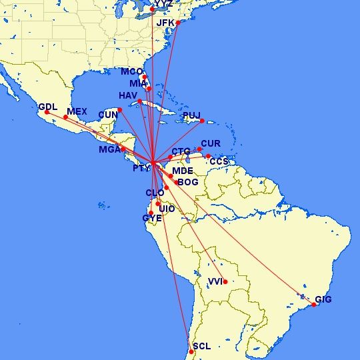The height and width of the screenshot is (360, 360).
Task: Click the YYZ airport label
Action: tap(163, 4)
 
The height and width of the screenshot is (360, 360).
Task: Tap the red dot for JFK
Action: tap(178, 23)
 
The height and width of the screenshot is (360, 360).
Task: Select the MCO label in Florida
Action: tap(132, 72)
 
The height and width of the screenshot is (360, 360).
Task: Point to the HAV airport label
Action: tap(128, 95)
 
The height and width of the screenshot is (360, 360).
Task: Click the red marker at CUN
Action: tap(120, 109)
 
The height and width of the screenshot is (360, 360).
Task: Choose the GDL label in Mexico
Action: tap(48, 107)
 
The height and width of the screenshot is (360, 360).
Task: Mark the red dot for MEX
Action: tap(65, 117)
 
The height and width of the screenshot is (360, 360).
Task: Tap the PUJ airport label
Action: tap(191, 116)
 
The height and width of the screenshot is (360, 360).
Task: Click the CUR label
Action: tap(211, 144)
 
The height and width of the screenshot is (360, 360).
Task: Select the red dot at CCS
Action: tap(208, 156)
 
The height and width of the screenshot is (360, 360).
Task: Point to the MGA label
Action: tap(109, 150)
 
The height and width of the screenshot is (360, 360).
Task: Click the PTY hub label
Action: tap(141, 169)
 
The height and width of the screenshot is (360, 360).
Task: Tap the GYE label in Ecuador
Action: tap(152, 218)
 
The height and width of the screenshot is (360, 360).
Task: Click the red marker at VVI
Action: tap(225, 281)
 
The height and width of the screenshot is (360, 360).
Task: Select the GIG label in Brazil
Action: tap(323, 300)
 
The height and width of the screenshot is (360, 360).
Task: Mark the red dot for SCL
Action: tap(191, 352)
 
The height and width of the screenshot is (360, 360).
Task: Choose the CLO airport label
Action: tap(155, 193)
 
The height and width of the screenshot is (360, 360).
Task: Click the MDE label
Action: tap(183, 171)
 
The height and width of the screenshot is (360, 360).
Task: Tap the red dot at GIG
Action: tap(313, 305)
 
